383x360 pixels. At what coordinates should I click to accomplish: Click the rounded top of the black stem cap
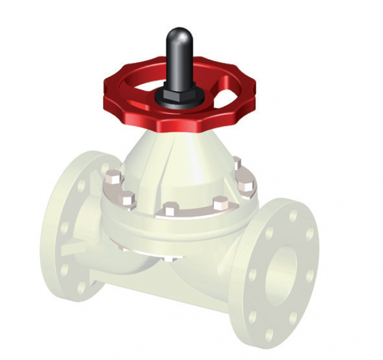178,35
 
